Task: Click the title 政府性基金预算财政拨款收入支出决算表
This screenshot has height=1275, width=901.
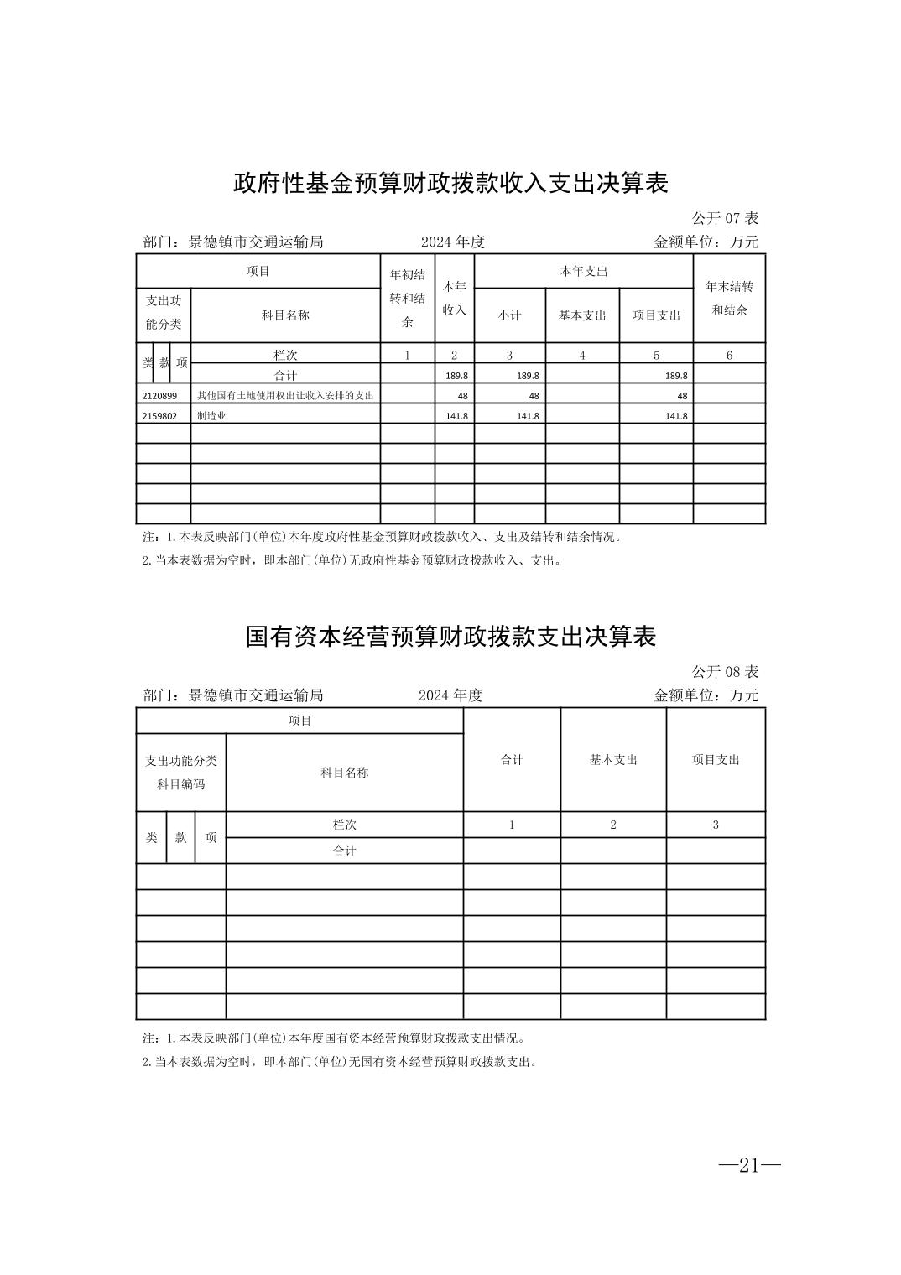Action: coord(450,184)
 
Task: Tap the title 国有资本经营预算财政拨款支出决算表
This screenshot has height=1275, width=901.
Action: coord(450,637)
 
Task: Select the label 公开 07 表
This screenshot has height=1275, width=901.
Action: coord(724,218)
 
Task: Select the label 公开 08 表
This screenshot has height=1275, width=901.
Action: coord(724,672)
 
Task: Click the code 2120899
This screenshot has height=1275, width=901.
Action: coord(159,395)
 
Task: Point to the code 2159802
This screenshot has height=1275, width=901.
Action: coord(159,416)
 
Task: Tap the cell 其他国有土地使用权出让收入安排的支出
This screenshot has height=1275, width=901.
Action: coord(284,395)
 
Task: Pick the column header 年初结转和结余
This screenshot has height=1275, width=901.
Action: coord(408,299)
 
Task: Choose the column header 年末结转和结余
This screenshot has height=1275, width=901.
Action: coord(729,298)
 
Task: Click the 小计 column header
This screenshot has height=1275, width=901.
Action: coord(509,315)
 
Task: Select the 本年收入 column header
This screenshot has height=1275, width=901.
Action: coord(454,299)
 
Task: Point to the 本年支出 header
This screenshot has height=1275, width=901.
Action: coord(583,271)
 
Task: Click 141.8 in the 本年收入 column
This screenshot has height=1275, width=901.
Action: coord(457,416)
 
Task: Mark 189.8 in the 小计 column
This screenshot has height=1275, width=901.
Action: coord(528,376)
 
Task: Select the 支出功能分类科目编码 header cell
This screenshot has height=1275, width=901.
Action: coord(181,773)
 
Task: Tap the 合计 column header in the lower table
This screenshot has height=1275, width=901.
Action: coord(512,760)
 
